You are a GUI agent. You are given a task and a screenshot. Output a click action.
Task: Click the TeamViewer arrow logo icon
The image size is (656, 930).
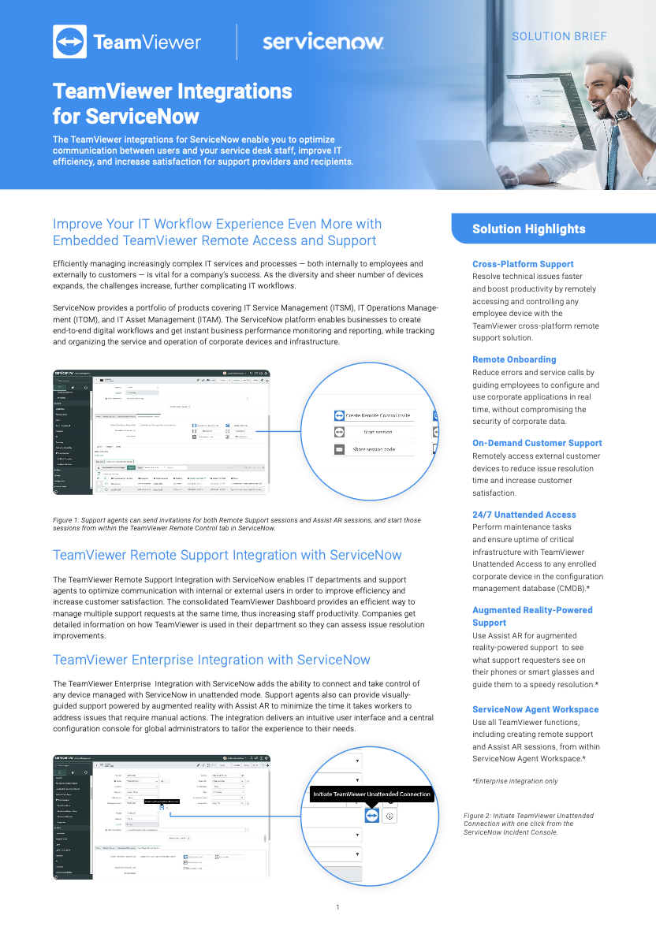69,42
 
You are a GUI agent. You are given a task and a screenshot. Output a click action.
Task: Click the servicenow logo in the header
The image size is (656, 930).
322,42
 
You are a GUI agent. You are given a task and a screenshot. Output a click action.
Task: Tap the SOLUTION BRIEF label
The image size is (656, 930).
559,36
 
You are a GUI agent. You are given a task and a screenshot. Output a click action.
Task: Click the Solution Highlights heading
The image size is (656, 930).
528,229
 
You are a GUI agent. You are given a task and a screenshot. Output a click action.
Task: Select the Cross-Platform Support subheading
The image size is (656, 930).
523,264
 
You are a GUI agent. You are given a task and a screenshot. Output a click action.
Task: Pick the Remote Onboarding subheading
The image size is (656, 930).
514,359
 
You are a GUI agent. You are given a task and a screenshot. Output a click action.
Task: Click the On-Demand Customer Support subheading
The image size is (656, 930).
537,443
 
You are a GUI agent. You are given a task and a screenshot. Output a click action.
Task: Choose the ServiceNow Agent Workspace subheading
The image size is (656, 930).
535,709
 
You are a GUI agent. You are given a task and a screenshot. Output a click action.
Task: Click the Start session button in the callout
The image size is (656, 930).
378,432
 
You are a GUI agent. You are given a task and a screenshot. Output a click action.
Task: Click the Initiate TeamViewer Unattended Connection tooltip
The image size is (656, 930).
371,794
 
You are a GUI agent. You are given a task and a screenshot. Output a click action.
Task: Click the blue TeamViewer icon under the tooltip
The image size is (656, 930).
371,816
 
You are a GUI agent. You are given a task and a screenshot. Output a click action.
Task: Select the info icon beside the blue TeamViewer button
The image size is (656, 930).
390,816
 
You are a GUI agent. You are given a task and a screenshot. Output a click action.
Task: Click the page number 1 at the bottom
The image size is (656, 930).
337,907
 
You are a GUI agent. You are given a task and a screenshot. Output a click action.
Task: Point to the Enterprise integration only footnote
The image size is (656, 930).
514,780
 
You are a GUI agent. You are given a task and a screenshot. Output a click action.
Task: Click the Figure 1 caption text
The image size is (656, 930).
237,524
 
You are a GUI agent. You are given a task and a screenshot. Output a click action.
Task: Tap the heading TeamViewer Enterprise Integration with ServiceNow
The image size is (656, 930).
211,660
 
